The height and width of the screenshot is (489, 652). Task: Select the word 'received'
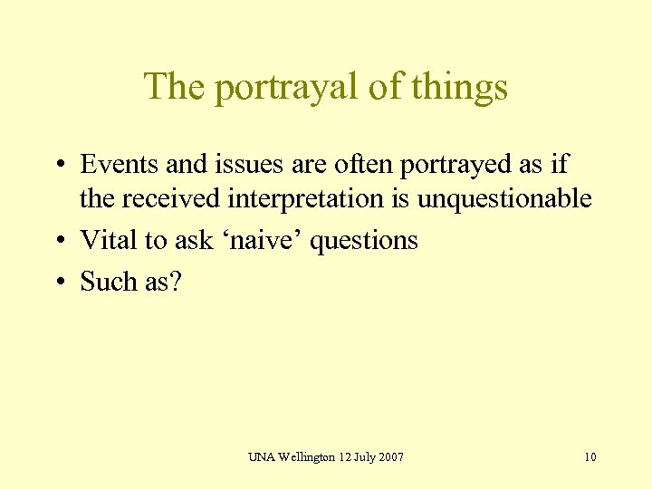[x=175, y=197]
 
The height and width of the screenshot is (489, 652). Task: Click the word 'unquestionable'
[x=504, y=197]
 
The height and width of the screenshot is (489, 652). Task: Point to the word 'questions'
[x=365, y=242]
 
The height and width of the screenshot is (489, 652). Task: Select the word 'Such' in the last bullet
[x=108, y=282]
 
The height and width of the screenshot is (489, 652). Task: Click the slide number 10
[x=590, y=456]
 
